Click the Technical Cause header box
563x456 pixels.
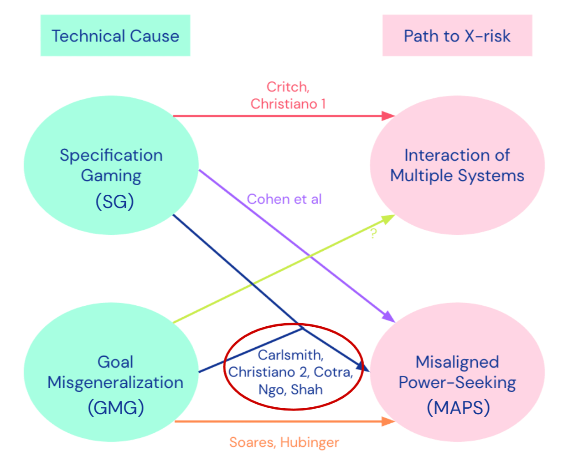(x=115, y=35)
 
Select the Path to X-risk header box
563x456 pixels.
(x=457, y=35)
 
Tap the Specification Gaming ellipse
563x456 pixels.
(x=111, y=165)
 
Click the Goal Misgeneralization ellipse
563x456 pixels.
(x=111, y=372)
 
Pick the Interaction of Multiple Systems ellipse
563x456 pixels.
(x=457, y=165)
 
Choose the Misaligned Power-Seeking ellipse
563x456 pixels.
(x=457, y=372)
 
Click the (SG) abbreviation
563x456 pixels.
(x=115, y=202)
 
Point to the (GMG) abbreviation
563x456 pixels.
(x=116, y=408)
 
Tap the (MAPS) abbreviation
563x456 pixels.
(x=458, y=408)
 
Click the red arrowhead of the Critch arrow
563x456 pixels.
(x=388, y=116)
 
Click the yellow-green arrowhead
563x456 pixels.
(x=389, y=219)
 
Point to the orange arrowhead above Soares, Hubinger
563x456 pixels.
(x=388, y=421)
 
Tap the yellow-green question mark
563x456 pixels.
(x=373, y=233)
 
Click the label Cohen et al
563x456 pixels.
(x=284, y=199)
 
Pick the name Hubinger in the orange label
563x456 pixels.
(x=310, y=442)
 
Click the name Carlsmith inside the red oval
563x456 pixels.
(x=290, y=355)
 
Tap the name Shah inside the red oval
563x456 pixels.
(x=307, y=390)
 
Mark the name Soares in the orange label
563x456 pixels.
(x=253, y=442)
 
